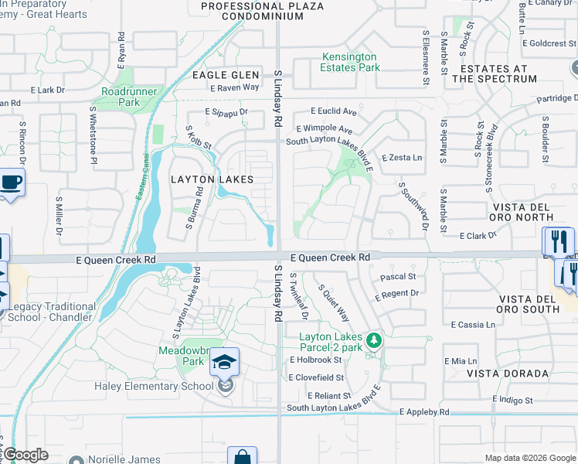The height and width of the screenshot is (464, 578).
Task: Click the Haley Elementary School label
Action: click(x=154, y=387)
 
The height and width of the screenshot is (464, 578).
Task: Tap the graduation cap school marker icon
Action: click(x=224, y=362)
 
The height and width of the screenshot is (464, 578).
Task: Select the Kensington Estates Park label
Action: click(x=349, y=62)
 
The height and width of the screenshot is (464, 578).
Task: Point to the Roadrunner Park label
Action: click(x=120, y=97)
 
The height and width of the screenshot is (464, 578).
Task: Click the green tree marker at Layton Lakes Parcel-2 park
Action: click(x=374, y=340)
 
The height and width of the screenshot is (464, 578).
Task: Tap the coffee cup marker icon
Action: click(x=11, y=183)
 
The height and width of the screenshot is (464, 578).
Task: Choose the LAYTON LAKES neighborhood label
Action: click(x=211, y=179)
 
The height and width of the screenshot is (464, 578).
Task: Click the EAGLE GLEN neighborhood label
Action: click(x=226, y=75)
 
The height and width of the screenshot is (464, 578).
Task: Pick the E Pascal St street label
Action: click(x=398, y=276)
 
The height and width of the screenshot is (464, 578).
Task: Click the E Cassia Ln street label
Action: click(x=473, y=325)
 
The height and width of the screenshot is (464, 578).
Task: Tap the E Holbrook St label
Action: click(x=316, y=360)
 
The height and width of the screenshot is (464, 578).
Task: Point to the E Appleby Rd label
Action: click(x=423, y=413)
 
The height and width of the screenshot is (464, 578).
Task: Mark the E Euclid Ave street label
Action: click(x=334, y=111)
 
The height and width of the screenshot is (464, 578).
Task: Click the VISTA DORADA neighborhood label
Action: click(x=508, y=373)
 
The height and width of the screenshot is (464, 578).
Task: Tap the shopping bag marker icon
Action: click(x=242, y=457)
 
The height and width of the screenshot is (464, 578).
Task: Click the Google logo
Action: click(x=26, y=455)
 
